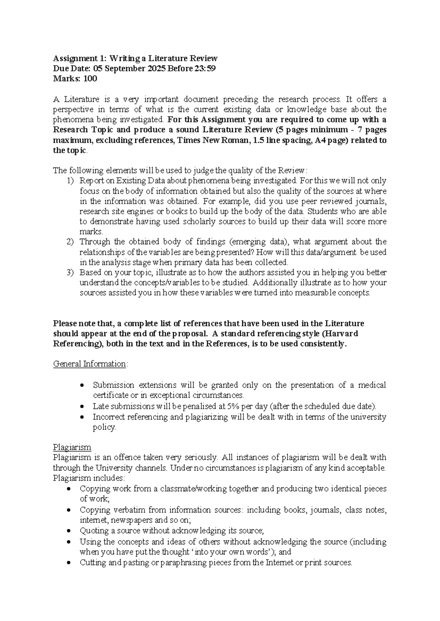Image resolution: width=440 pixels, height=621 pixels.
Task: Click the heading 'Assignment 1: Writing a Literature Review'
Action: (x=135, y=59)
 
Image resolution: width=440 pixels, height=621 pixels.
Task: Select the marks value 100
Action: (x=90, y=79)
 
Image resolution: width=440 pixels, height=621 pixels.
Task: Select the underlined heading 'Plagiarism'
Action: (x=72, y=447)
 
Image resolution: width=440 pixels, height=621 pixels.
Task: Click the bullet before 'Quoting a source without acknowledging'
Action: (x=70, y=531)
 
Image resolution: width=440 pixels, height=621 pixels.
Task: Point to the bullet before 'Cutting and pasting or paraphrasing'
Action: (x=70, y=563)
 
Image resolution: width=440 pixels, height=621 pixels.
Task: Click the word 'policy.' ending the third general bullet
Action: (x=104, y=427)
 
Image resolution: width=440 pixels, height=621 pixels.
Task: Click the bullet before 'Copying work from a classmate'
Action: (x=70, y=489)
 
